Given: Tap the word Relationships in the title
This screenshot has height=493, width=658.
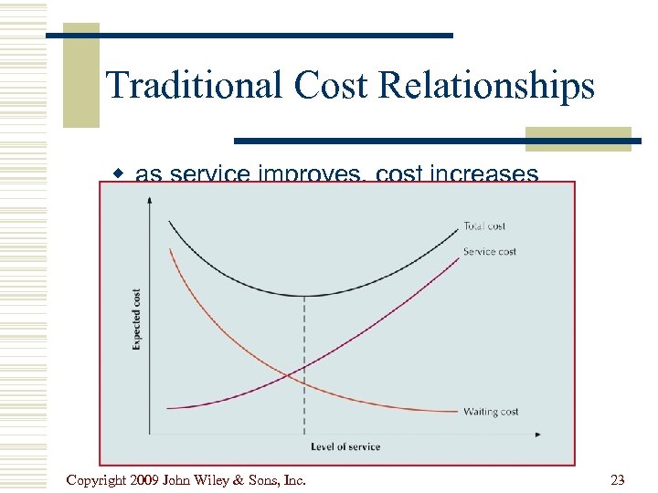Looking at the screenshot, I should point(486,87).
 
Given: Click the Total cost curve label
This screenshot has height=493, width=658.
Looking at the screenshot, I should point(484,226).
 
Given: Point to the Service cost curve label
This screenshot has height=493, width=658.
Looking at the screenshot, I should point(490,252).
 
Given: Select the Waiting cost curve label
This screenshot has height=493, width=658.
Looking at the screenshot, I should point(491,412).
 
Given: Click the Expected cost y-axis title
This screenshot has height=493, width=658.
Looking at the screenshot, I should point(137,319).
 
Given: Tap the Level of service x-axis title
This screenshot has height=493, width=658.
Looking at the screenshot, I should point(345,447).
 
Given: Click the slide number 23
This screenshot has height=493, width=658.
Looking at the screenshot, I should point(617,479).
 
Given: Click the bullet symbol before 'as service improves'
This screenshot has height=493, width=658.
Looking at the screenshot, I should point(117,173).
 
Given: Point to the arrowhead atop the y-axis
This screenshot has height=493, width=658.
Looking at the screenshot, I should point(149,202).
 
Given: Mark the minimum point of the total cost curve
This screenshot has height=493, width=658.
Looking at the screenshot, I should point(304,296).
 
